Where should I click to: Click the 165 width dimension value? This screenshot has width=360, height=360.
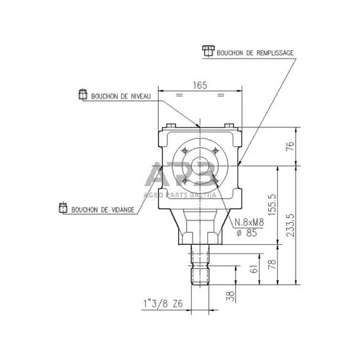(198, 86)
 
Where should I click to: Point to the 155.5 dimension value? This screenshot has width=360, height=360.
(272, 204)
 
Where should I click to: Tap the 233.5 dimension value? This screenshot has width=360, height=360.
(291, 224)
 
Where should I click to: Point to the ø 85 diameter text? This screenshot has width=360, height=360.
(247, 233)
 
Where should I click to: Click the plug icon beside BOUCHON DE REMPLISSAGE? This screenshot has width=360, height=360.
(208, 51)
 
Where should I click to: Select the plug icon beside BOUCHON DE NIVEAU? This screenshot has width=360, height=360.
(83, 95)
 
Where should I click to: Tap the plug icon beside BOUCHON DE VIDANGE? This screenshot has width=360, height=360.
(62, 208)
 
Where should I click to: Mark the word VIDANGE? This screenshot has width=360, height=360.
(120, 210)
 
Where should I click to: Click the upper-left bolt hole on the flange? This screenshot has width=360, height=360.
(183, 151)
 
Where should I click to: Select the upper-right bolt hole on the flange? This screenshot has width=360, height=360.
(215, 152)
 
